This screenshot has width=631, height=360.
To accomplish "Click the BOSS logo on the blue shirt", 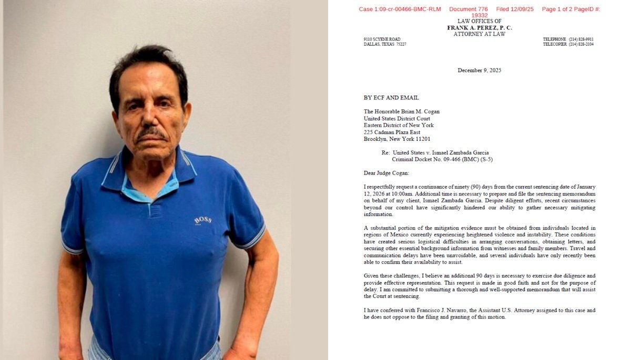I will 202,220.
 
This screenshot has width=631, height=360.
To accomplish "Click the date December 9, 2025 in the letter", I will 479,70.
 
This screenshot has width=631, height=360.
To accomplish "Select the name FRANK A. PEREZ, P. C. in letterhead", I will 479,27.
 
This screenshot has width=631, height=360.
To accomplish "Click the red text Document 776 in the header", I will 469,9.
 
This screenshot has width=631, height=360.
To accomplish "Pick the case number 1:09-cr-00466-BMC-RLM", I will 400,9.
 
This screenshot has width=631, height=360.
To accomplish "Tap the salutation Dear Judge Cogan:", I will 386,173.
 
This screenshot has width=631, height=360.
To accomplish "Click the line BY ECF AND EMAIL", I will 391,98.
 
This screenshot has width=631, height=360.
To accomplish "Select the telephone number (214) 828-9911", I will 581,39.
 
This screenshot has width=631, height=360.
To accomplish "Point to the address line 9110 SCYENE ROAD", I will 382,39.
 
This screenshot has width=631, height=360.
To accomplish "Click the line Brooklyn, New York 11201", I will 397,139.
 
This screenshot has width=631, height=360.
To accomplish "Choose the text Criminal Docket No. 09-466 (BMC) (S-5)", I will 442,159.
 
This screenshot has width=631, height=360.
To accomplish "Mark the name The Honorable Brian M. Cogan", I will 401,111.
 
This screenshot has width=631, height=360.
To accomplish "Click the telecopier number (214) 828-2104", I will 581,44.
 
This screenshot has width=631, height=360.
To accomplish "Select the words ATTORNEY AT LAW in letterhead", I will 479,34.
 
